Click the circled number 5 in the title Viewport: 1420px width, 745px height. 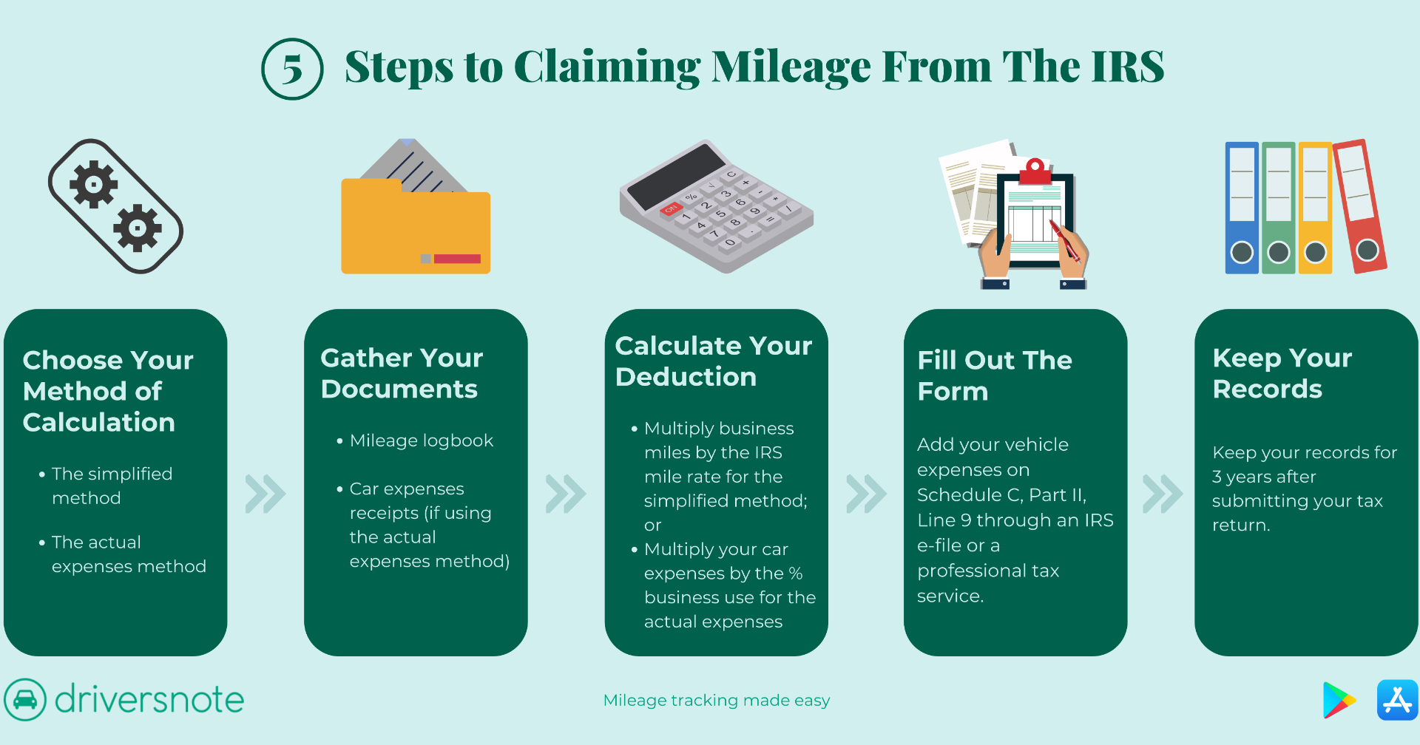(292, 69)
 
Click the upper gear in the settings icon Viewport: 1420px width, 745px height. (93, 184)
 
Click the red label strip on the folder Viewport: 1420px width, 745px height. (457, 259)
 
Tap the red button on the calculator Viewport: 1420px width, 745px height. (670, 209)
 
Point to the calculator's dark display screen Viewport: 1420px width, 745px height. (676, 176)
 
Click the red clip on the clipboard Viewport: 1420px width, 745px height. (1035, 171)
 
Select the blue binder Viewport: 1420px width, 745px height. (1242, 208)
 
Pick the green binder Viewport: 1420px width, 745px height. (1278, 208)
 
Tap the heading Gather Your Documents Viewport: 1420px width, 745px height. (402, 373)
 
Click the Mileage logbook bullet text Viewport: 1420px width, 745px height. (421, 440)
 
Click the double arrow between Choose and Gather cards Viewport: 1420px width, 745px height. (265, 494)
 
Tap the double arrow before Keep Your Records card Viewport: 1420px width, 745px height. (1162, 494)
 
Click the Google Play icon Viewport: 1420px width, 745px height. (1338, 700)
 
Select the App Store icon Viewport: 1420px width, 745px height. (1397, 700)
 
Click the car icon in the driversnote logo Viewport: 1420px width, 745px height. (25, 699)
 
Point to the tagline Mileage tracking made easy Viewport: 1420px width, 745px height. (716, 700)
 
